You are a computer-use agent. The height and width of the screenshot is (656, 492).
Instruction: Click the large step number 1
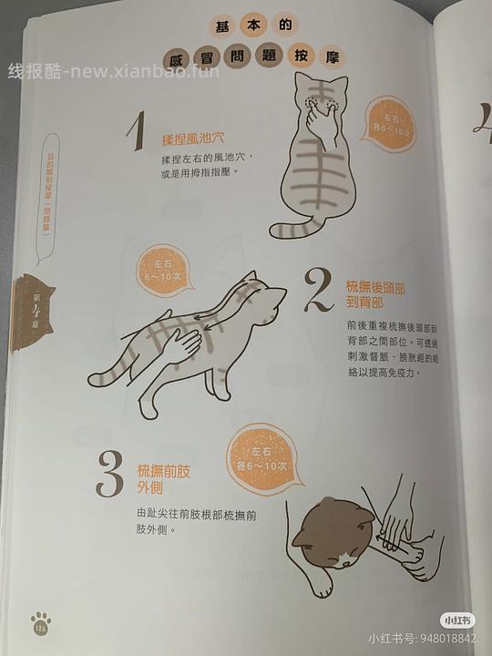click(x=136, y=134)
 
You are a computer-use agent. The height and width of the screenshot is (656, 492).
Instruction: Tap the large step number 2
click(x=320, y=291)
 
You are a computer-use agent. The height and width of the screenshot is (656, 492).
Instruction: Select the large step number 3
click(x=110, y=476)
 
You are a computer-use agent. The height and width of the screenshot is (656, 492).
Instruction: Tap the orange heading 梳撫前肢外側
click(x=164, y=479)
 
